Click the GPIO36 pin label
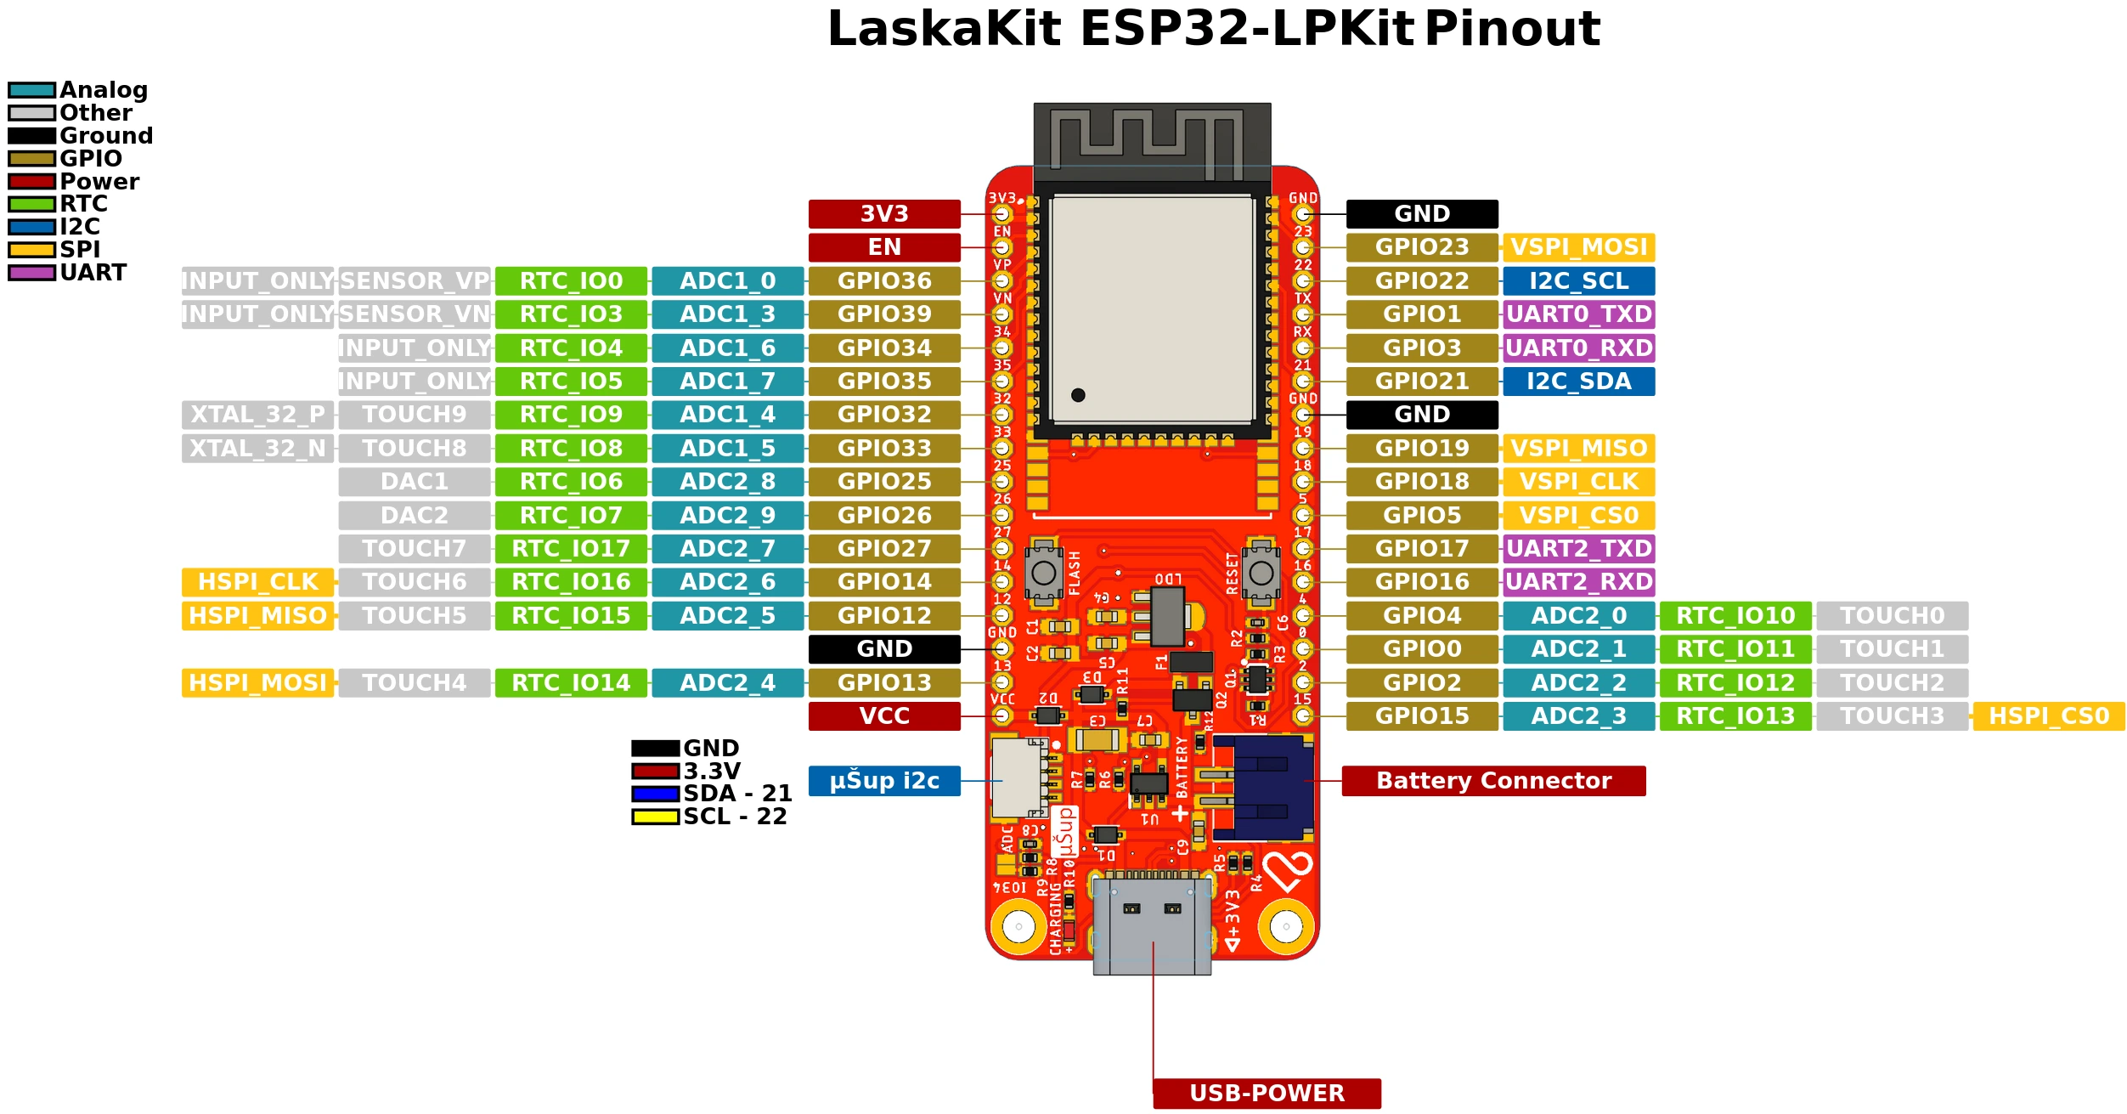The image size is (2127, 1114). [883, 281]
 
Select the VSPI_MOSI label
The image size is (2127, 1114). [1578, 247]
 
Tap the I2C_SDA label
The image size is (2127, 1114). [1578, 382]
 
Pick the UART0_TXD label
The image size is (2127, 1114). [1578, 314]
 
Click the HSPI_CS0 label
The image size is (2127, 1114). [2048, 716]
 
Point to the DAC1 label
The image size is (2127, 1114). [414, 482]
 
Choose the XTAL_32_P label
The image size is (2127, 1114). [257, 415]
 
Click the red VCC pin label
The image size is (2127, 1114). [883, 716]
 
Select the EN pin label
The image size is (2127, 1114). [883, 247]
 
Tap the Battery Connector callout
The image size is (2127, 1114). [1492, 781]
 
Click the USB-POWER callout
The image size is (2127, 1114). [1266, 1093]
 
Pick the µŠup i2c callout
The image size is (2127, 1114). [883, 781]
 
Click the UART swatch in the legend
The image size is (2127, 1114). [31, 273]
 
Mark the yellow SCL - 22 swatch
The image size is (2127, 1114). [655, 817]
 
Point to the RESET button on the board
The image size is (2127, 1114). [1261, 573]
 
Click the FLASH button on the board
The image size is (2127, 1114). [1043, 573]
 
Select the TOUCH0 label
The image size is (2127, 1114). [1892, 616]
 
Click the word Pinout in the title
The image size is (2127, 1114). [1512, 29]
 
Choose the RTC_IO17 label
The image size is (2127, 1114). [571, 549]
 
